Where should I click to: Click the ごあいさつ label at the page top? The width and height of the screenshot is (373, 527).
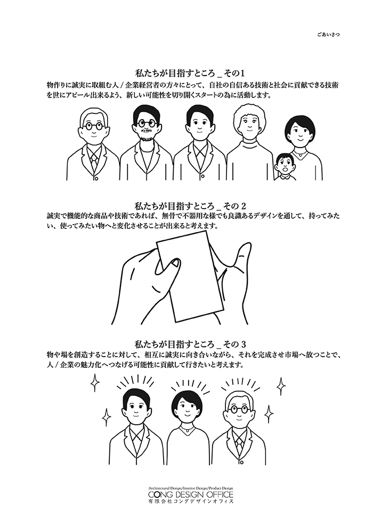327,34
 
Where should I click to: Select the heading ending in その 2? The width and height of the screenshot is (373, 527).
191,205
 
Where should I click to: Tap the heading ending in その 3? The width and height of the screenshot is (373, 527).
191,344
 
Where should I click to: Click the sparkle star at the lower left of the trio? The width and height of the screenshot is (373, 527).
107,416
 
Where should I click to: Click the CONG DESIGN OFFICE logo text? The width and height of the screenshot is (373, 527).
190,495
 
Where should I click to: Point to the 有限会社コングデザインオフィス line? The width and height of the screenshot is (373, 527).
190,501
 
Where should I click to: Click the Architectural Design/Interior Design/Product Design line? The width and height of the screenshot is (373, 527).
190,488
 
